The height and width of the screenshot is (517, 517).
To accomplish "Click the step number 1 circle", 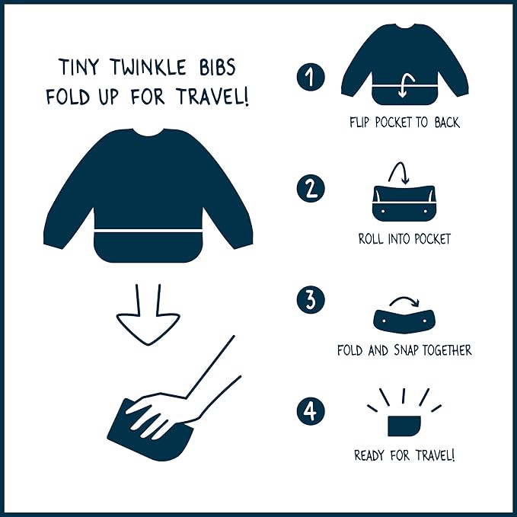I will (x=310, y=77).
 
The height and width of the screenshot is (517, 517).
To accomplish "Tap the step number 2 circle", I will (x=310, y=190).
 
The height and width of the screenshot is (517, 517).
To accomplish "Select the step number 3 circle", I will (x=310, y=300).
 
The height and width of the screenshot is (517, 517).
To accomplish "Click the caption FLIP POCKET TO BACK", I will (x=404, y=122).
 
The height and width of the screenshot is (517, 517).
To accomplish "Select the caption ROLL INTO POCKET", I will (x=404, y=239).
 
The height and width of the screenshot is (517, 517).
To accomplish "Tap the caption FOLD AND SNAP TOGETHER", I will (x=404, y=351).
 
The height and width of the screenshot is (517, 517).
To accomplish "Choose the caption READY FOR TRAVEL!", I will (x=404, y=456).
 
